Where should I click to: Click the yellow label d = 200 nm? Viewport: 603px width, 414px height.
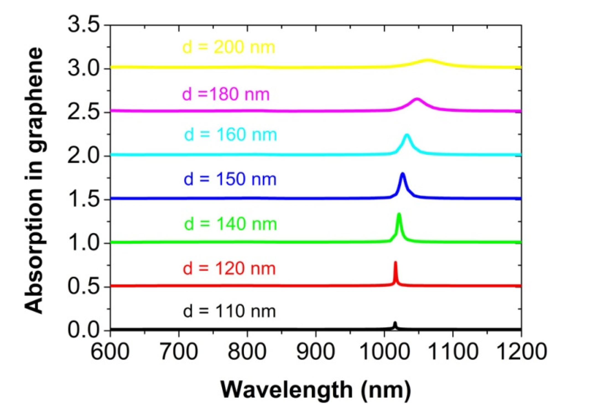click(x=229, y=47)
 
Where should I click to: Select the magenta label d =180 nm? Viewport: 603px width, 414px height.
click(x=226, y=94)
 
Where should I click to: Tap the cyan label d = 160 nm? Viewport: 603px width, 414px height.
click(x=230, y=135)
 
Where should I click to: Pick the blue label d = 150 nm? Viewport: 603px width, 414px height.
click(x=230, y=179)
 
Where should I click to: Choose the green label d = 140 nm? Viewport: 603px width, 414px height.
click(x=230, y=224)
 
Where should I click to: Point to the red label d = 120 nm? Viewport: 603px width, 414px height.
click(x=229, y=268)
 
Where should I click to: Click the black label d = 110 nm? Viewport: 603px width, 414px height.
click(x=229, y=311)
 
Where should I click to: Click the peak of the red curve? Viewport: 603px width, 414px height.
click(x=395, y=263)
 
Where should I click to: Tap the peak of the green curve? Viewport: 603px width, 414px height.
click(x=399, y=214)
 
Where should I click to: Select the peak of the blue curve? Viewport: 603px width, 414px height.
click(x=402, y=174)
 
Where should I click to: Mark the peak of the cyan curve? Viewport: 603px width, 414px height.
click(x=407, y=135)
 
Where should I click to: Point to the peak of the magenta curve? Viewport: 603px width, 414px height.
click(x=417, y=99)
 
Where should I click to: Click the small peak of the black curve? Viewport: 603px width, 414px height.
click(x=395, y=323)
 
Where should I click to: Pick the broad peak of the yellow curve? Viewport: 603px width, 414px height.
click(x=428, y=60)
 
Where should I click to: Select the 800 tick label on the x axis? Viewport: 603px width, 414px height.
click(x=247, y=352)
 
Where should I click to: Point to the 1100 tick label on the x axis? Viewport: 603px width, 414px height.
click(x=453, y=352)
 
